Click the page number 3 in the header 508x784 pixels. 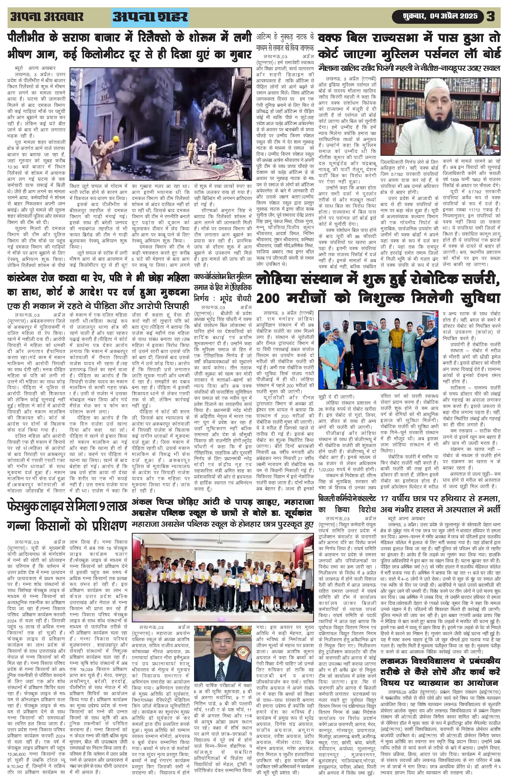point(491,17)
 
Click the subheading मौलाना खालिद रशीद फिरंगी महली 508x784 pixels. point(409,68)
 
